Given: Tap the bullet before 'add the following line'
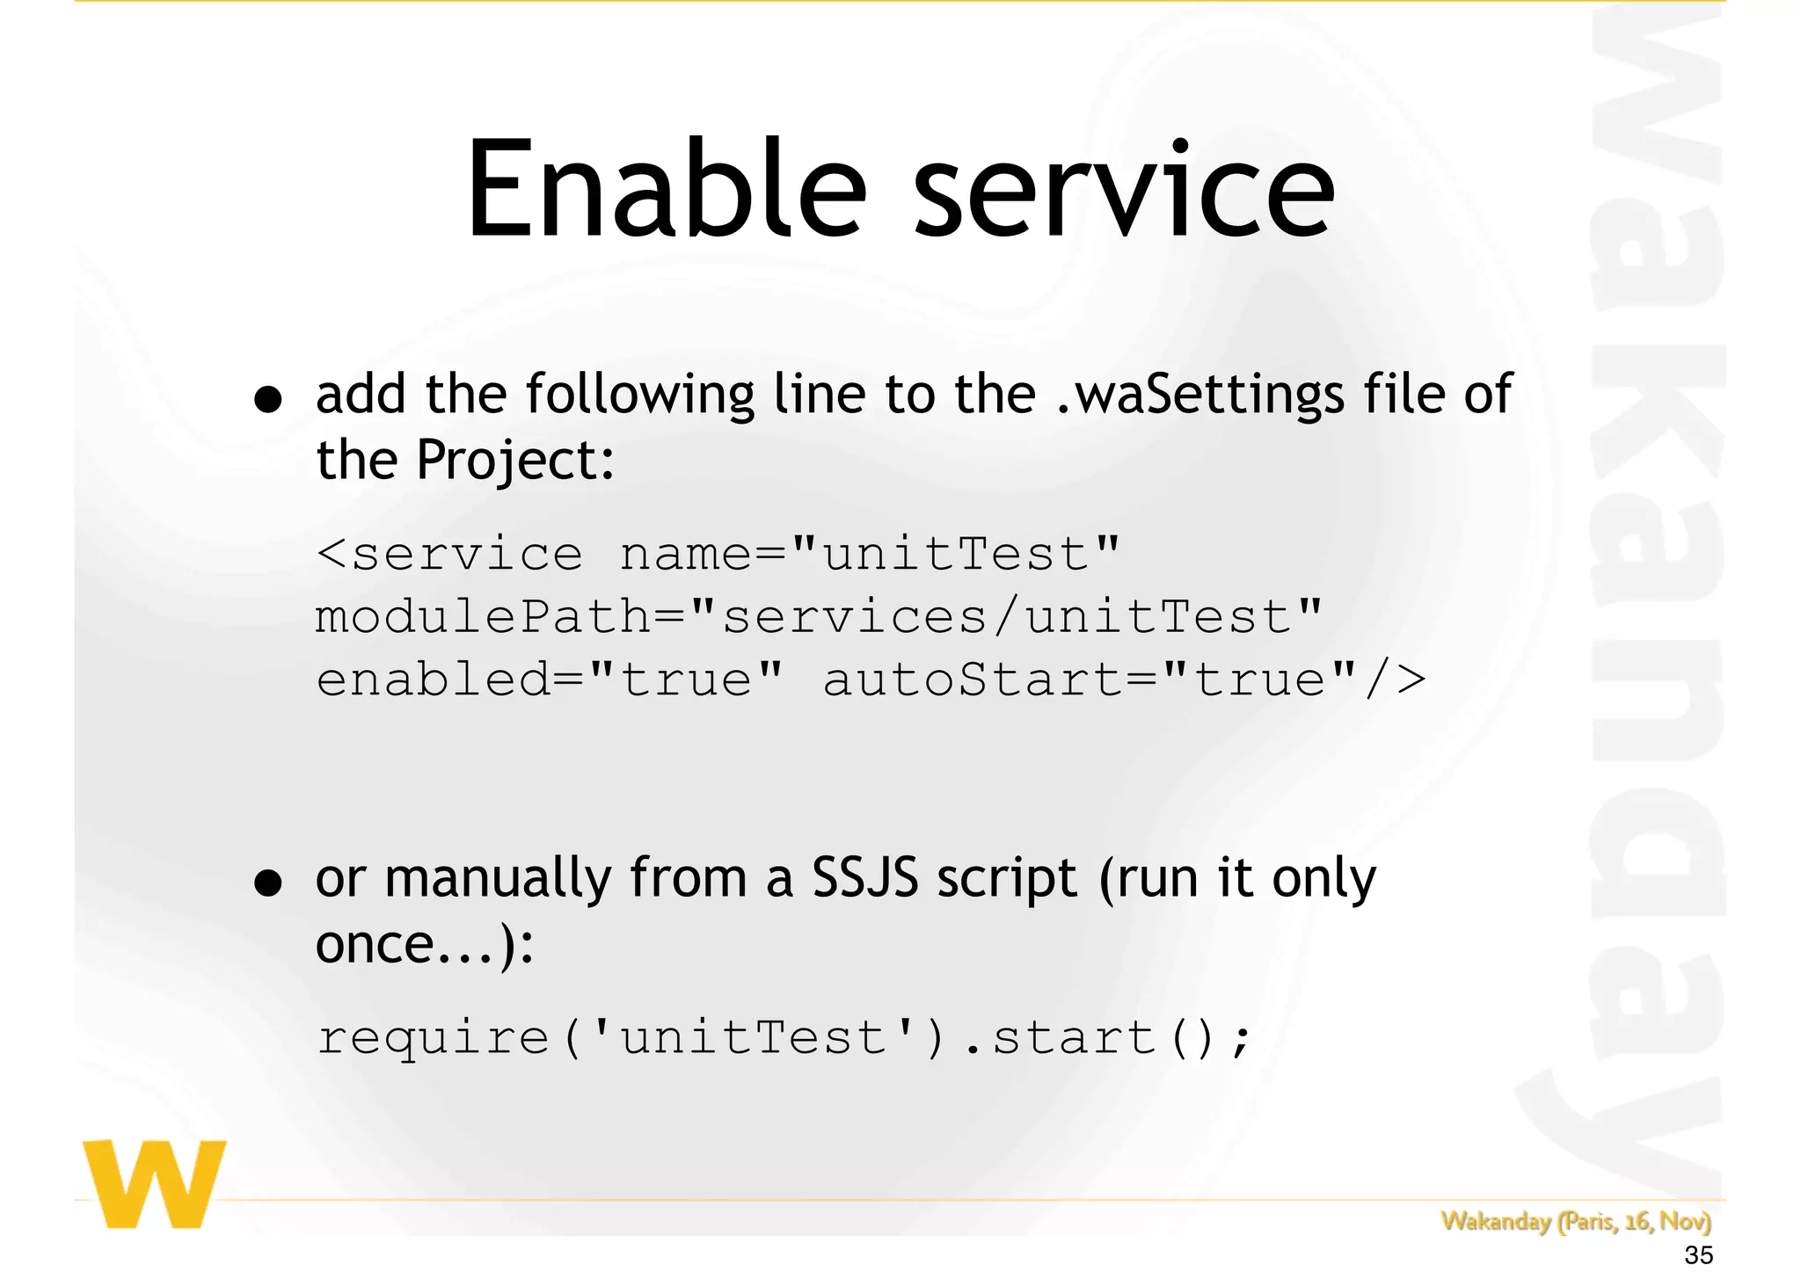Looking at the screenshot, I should [x=267, y=399].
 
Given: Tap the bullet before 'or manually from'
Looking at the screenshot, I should [x=267, y=882].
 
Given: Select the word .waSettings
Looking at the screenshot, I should [x=1199, y=396].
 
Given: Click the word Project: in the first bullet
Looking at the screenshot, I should [x=514, y=461].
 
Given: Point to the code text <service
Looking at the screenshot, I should [x=449, y=555].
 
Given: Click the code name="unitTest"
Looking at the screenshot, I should [x=870, y=555].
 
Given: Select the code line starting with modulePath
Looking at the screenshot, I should [x=818, y=616].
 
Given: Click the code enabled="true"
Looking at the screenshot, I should [x=549, y=680].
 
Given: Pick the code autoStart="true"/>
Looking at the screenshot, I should [x=1123, y=680].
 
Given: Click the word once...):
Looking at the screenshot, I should [x=424, y=945].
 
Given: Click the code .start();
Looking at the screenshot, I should [x=1106, y=1038].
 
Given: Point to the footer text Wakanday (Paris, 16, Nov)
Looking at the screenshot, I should [x=1575, y=1221].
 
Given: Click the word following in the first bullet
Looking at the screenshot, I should [x=639, y=396].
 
